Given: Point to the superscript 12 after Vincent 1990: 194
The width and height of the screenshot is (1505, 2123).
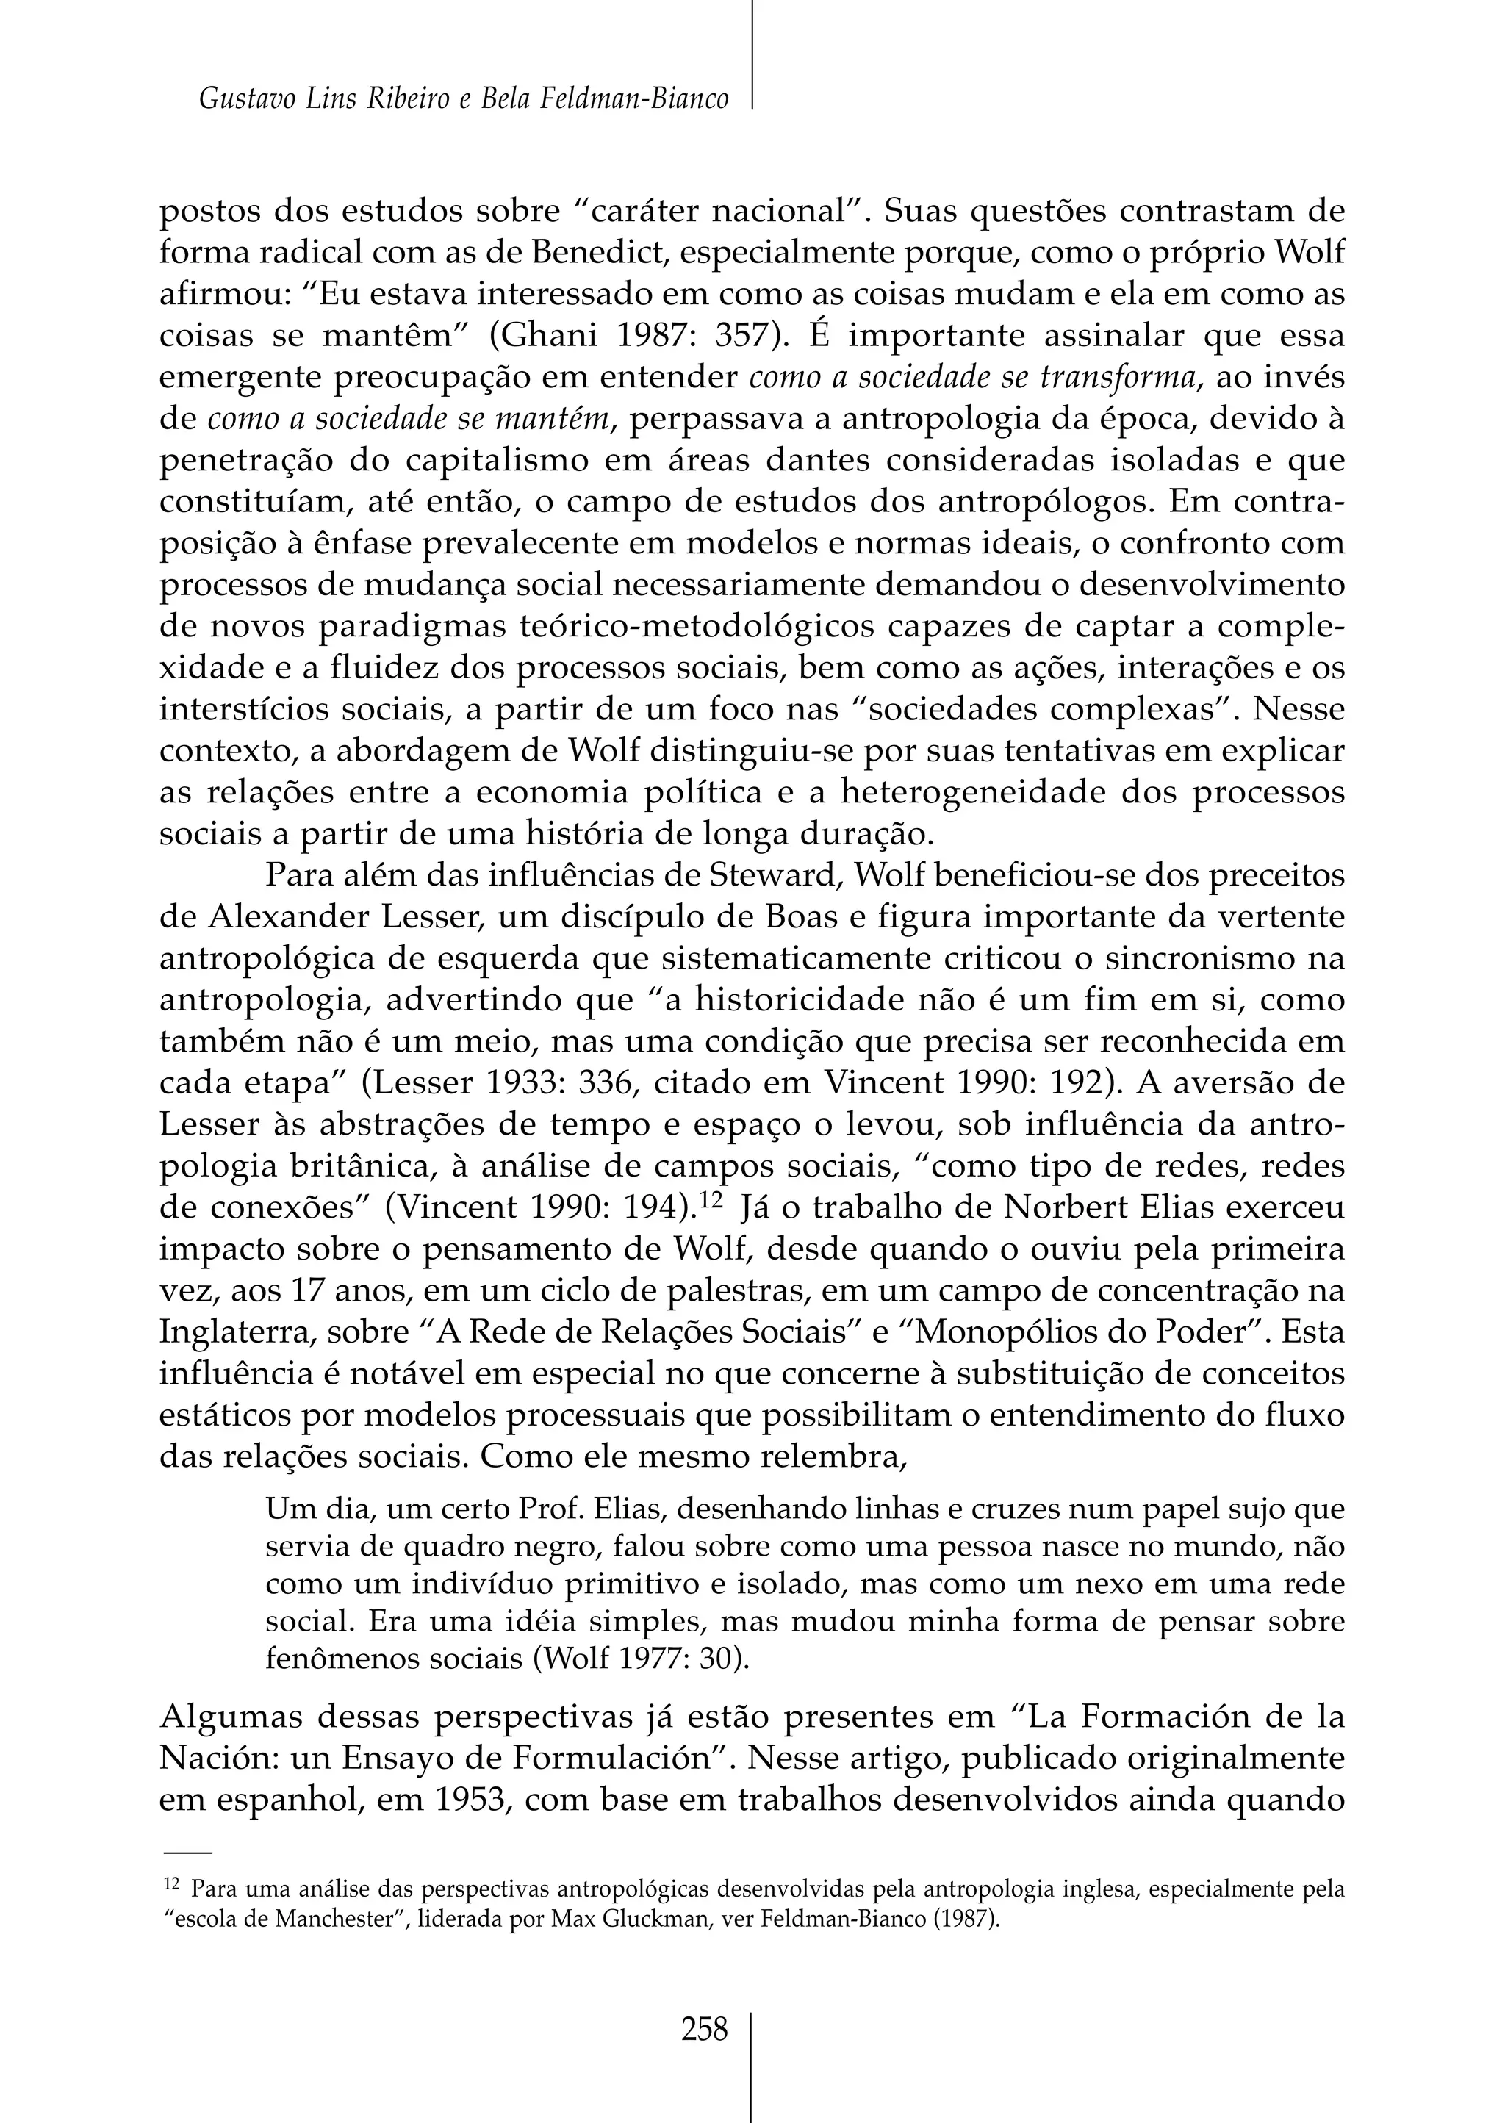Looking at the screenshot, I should pos(710,1200).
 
